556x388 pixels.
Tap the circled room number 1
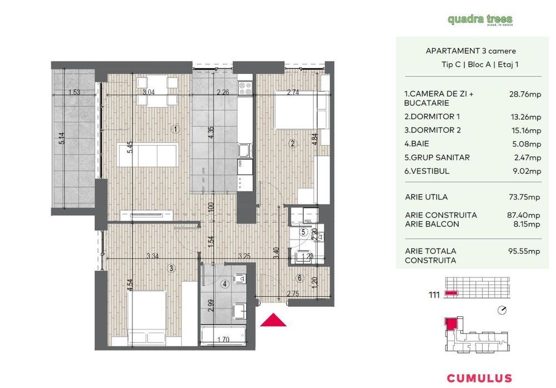[x=175, y=130]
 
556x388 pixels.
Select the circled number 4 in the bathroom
[x=225, y=284]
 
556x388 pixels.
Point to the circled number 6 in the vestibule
[x=299, y=278]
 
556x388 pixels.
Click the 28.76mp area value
[x=525, y=94]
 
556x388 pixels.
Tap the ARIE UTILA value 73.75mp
[x=525, y=197]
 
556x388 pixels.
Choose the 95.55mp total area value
[x=525, y=251]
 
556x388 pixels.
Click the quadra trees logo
[x=480, y=20]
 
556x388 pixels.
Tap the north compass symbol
[x=503, y=310]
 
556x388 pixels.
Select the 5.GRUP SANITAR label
[x=437, y=158]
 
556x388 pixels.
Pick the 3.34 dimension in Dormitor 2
[x=151, y=256]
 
